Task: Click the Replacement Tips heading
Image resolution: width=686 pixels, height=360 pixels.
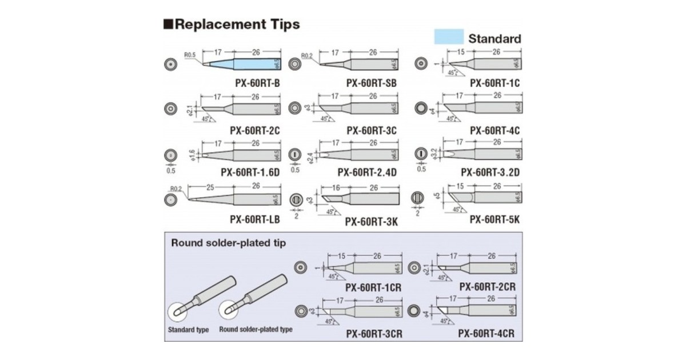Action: pos(232,25)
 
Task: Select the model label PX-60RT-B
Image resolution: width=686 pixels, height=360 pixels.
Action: pos(257,83)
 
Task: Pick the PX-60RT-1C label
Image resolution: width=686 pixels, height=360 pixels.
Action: pos(495,83)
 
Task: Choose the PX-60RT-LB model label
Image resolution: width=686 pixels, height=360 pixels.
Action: pos(254,219)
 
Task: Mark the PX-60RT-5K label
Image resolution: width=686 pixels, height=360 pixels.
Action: pos(494,219)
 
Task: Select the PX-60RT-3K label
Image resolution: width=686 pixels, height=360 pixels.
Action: pos(371,222)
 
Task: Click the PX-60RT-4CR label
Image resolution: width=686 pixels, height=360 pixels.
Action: pos(488,333)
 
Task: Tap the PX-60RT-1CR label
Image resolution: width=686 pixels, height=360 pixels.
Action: pos(373,287)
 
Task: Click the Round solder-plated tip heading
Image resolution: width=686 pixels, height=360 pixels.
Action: pos(229,242)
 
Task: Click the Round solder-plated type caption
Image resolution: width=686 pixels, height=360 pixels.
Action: pos(256,330)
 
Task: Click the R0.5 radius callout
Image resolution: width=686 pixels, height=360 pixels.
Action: pos(190,55)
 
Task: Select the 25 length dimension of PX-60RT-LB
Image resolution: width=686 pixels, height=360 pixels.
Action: pos(210,186)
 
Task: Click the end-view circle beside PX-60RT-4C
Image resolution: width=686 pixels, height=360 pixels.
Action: pos(421,108)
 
